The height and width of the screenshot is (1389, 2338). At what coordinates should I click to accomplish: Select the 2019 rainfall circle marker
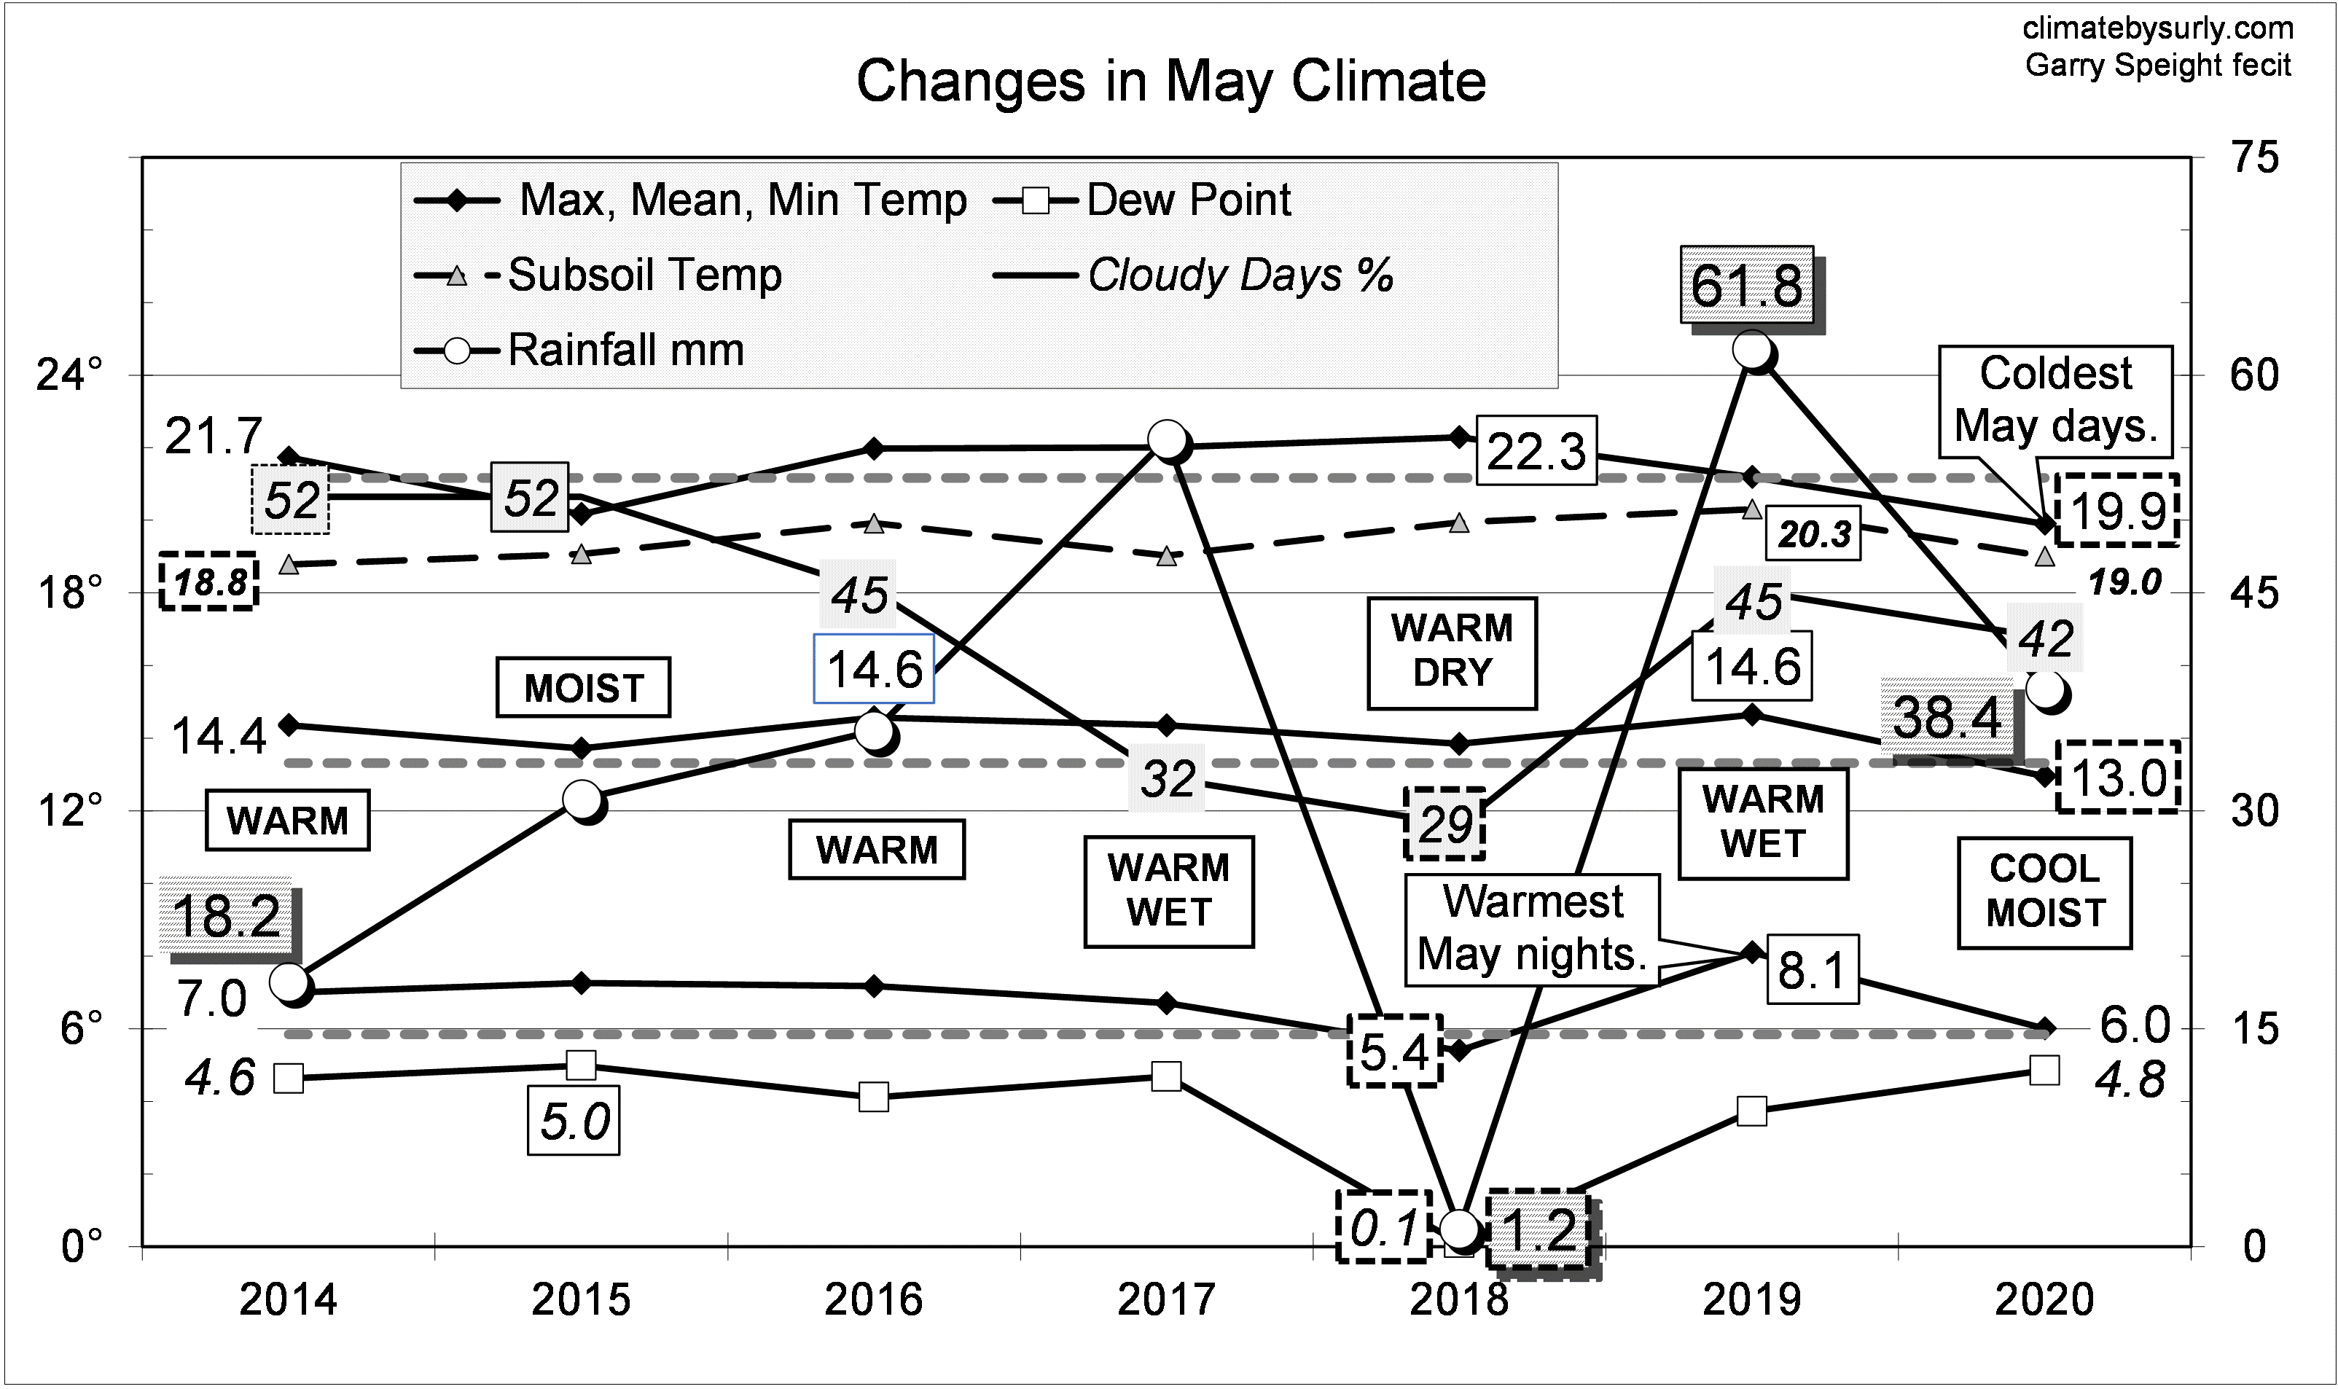click(x=1752, y=350)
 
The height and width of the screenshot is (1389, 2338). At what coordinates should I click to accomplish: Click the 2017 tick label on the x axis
click(x=1166, y=1299)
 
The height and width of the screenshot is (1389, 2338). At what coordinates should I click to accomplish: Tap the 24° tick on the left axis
click(x=69, y=376)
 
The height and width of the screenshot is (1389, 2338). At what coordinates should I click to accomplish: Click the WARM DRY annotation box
click(x=1452, y=652)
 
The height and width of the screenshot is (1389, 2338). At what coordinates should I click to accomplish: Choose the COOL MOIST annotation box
click(x=2044, y=891)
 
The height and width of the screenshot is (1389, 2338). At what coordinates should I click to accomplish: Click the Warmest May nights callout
click(x=1531, y=928)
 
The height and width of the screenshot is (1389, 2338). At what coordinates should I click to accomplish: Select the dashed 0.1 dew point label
click(x=1383, y=1226)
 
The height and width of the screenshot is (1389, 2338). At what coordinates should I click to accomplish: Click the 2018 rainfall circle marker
click(x=1459, y=1228)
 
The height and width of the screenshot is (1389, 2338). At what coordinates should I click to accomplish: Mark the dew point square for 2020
click(x=2044, y=1070)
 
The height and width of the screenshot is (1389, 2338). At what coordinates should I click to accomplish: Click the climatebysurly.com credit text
click(x=2157, y=29)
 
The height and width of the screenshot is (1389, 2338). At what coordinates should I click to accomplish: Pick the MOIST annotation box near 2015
click(x=583, y=689)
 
